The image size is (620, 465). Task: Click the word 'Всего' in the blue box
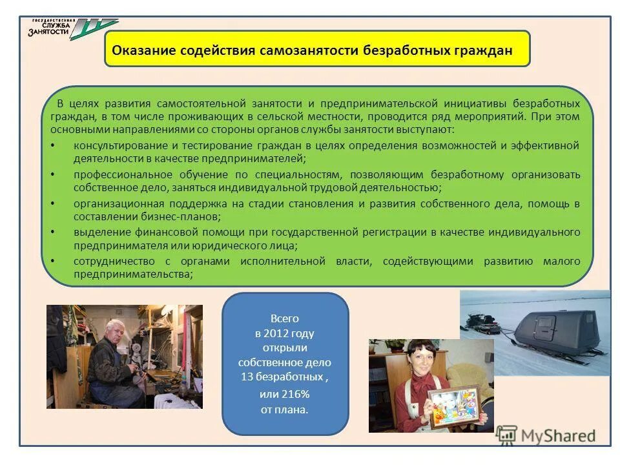[x=285, y=318]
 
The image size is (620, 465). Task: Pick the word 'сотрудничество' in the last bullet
[x=114, y=261]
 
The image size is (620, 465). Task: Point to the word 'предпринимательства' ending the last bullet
[x=132, y=274]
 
